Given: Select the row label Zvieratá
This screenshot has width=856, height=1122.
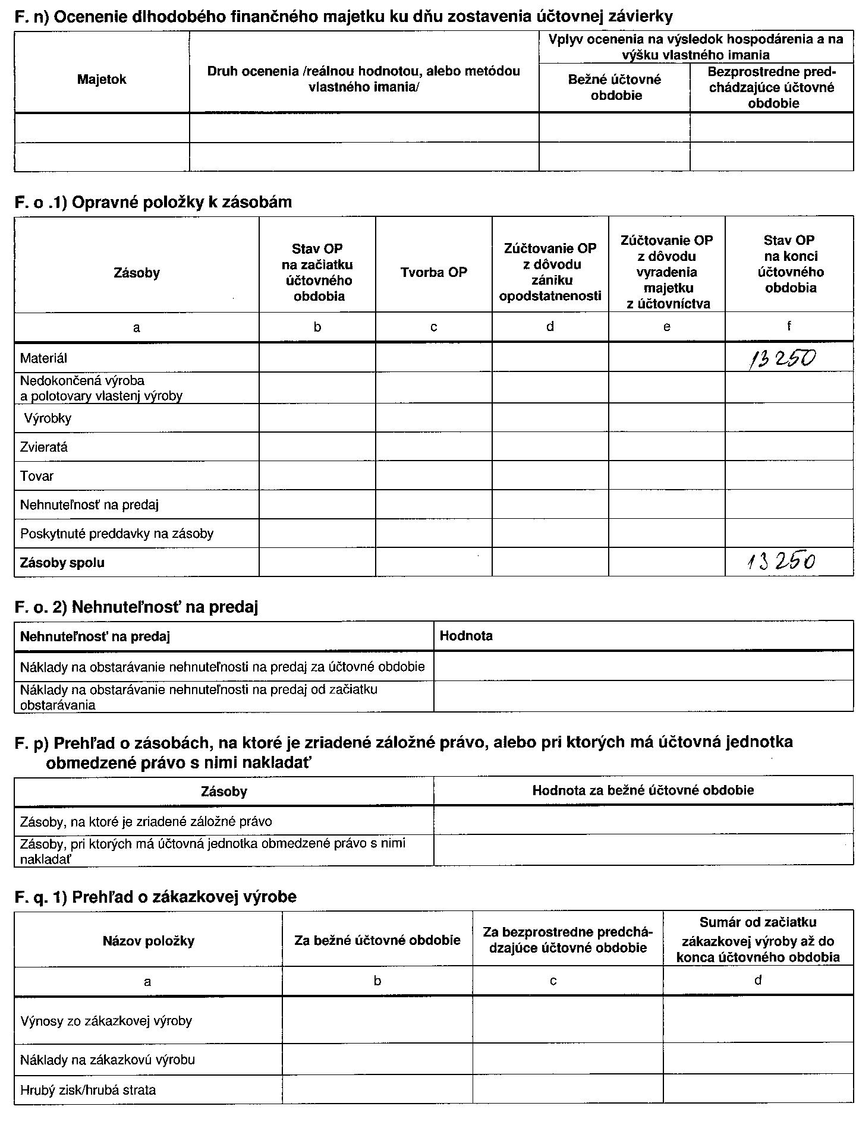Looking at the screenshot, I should pos(44,447).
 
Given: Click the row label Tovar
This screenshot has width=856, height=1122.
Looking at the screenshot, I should pos(37,476).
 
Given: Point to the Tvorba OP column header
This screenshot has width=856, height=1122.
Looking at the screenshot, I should pos(433,272).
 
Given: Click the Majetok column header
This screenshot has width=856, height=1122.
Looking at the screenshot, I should pos(102,80).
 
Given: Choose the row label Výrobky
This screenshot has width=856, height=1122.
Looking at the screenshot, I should pos(48,418).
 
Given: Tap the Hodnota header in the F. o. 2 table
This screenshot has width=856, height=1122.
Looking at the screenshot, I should pos(466,636).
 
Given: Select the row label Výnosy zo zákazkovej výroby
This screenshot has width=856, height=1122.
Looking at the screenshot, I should pos(106,1021).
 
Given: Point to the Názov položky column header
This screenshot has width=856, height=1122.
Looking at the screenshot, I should pos(148,941).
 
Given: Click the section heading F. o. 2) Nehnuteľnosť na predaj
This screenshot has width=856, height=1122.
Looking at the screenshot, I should pos(136,607).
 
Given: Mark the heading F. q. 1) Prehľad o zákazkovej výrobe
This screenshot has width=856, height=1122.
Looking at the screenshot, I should pos(155,896).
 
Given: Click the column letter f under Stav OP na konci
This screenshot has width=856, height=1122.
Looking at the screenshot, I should pos(789,326).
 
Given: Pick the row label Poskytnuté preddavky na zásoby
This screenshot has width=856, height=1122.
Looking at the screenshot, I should pos(117,534).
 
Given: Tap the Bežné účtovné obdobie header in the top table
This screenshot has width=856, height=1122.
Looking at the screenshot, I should pos(615,87).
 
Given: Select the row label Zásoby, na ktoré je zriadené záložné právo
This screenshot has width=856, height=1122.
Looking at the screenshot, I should pos(146,821).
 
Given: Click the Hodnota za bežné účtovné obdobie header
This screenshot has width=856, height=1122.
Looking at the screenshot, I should pos(643,790).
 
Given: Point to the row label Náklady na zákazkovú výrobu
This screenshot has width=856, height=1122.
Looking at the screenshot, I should pos(108,1060).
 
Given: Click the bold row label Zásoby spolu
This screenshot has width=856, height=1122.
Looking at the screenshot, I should pos(62,562).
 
